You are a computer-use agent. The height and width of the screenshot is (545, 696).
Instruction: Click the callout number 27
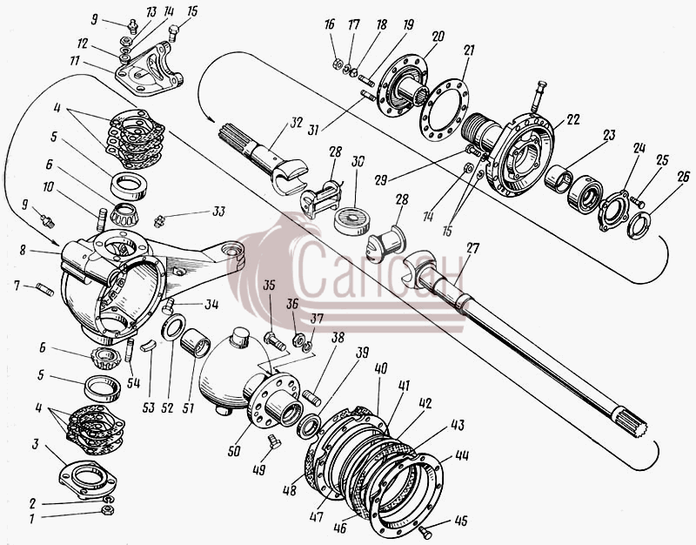(472, 248)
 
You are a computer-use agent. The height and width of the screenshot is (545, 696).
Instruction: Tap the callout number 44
(462, 455)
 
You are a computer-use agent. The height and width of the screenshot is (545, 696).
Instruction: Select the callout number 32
(296, 122)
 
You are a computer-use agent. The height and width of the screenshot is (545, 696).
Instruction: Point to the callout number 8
(23, 250)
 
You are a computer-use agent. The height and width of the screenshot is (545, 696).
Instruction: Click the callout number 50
(234, 451)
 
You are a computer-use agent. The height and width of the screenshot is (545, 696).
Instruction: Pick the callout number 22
(572, 119)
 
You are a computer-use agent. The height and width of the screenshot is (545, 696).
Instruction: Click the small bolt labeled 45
(425, 532)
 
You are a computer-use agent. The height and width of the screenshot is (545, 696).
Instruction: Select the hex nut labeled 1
(107, 510)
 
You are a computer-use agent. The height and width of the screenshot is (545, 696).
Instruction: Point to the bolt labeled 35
(275, 341)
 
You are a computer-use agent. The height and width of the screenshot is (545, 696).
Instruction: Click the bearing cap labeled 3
(88, 481)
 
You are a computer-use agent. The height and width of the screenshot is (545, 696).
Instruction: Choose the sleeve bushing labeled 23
(558, 178)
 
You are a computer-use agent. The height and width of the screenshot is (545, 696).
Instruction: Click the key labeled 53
(148, 345)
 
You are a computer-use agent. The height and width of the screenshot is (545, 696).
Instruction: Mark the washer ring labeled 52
(173, 326)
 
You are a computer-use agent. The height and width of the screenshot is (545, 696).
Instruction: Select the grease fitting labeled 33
(159, 220)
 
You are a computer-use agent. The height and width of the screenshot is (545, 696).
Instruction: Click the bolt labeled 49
(274, 442)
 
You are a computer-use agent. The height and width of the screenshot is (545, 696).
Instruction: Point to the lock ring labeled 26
(639, 225)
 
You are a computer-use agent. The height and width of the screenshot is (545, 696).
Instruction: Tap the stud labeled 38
(311, 397)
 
